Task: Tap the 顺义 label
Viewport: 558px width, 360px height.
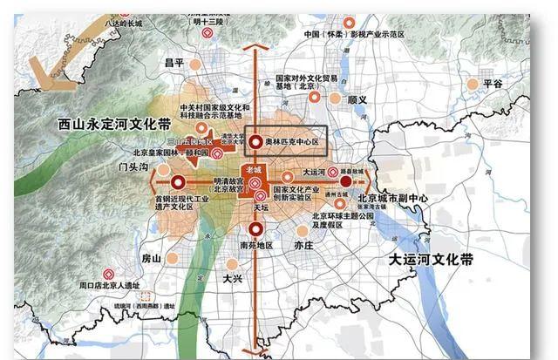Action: click(357, 100)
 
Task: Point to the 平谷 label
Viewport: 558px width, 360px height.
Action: click(493, 85)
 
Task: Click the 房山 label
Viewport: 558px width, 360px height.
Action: click(151, 258)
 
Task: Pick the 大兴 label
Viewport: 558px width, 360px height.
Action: click(231, 279)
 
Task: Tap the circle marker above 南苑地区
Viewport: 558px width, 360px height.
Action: click(255, 229)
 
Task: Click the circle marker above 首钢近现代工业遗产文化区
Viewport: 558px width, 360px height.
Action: click(178, 182)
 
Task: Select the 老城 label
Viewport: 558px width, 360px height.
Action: click(254, 168)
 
